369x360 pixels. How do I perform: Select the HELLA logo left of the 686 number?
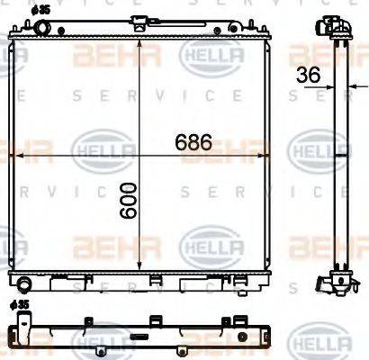(97, 144)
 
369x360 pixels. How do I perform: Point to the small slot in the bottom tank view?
(139, 339)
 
